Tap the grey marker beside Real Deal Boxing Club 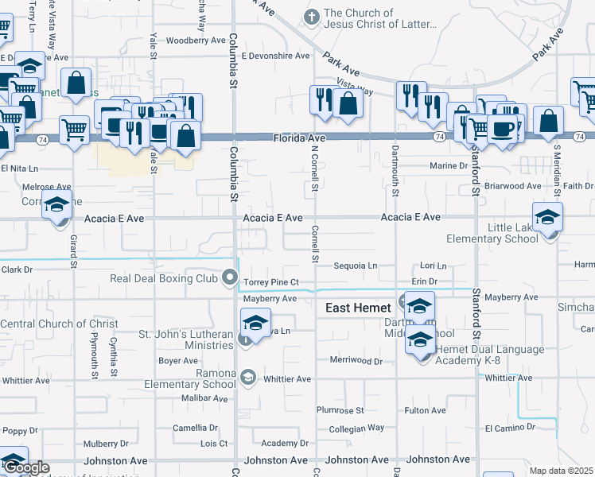coord(231,278)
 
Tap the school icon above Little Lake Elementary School coord(547,216)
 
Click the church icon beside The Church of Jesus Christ coord(312,16)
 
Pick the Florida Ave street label coord(301,138)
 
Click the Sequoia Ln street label coord(355,266)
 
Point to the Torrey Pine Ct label coord(270,282)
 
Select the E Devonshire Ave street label coord(275,56)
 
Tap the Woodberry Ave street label coord(196,40)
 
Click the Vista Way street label coord(355,87)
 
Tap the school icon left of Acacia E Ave coord(57,205)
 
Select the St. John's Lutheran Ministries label coord(187,339)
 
